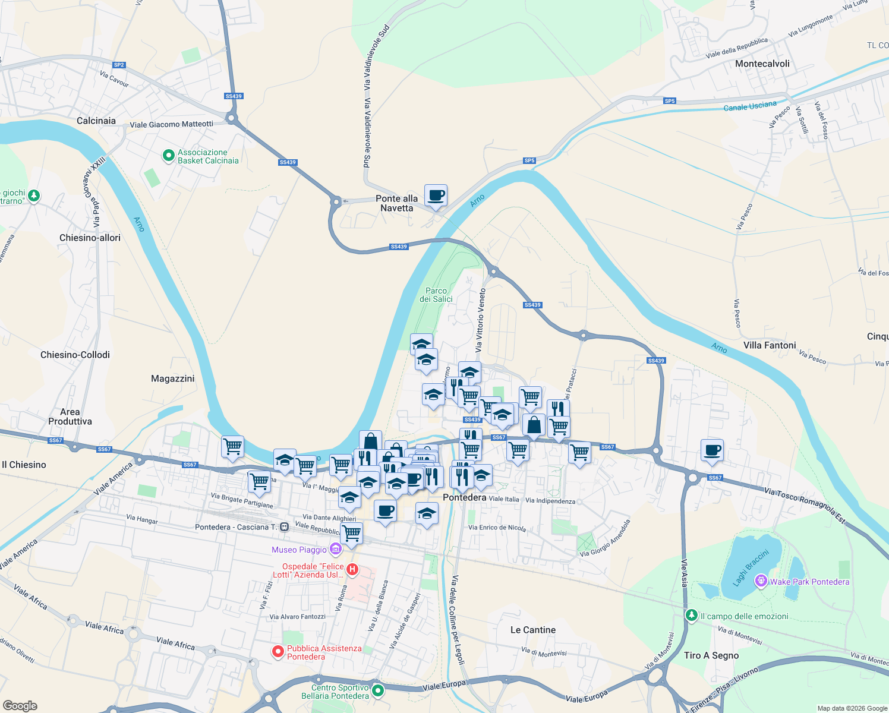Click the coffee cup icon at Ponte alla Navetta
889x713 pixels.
(x=436, y=195)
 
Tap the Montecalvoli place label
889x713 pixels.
(x=762, y=64)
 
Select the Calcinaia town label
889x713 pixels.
(x=96, y=121)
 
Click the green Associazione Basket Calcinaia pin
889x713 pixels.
(x=168, y=156)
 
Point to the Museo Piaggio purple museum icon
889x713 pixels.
(x=336, y=550)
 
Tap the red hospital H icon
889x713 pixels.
(x=352, y=570)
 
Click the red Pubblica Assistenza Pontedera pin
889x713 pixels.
(x=278, y=652)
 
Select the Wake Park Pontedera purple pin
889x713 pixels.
(x=761, y=581)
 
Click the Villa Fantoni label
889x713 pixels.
(x=770, y=345)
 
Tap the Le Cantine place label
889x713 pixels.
(x=533, y=630)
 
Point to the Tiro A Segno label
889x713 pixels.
(x=711, y=655)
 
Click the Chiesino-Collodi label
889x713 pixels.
(x=75, y=355)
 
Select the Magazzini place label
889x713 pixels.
(x=172, y=378)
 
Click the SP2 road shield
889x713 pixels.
(x=119, y=65)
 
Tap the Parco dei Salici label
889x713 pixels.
(x=436, y=295)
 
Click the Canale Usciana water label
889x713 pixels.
(x=750, y=106)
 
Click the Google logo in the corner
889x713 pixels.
(x=20, y=706)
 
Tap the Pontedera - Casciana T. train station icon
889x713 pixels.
(x=285, y=527)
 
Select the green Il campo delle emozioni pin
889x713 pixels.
(x=691, y=616)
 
